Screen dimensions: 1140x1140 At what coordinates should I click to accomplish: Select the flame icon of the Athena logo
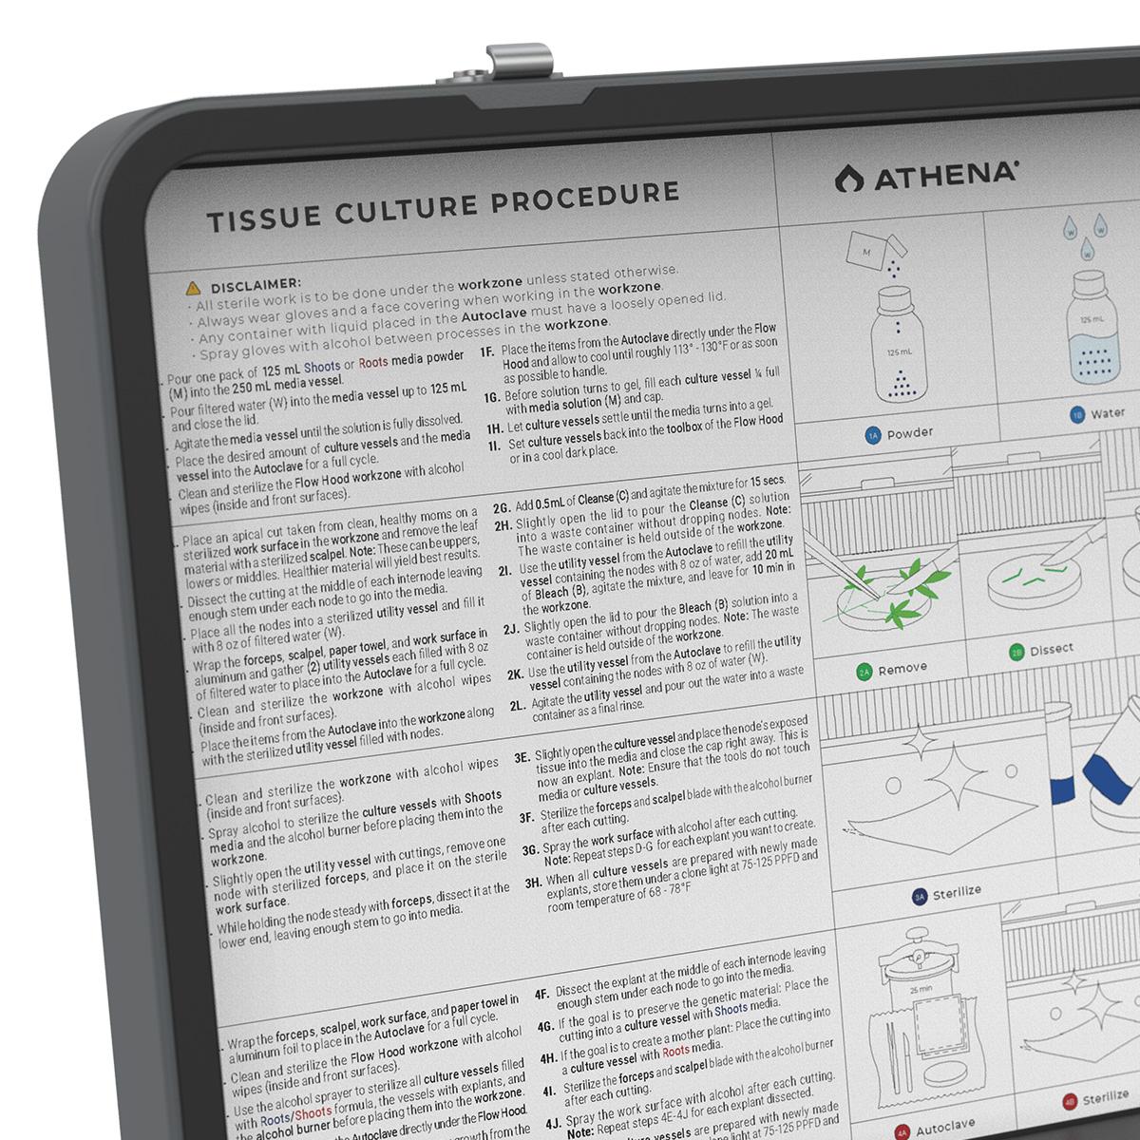844,178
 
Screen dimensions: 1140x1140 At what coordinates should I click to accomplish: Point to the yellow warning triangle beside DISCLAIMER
193,286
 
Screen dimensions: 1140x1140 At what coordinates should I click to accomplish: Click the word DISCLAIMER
256,283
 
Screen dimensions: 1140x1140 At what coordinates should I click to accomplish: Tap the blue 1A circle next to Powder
873,435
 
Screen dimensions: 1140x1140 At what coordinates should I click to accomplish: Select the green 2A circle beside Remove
864,672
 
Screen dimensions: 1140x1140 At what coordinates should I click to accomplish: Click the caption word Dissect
1051,650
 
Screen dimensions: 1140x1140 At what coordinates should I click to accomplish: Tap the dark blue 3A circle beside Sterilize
919,896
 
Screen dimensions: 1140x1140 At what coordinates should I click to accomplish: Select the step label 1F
487,351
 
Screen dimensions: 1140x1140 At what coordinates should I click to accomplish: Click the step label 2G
502,506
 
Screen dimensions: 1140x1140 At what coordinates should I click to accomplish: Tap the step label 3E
522,758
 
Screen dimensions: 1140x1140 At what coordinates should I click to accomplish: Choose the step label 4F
541,995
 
